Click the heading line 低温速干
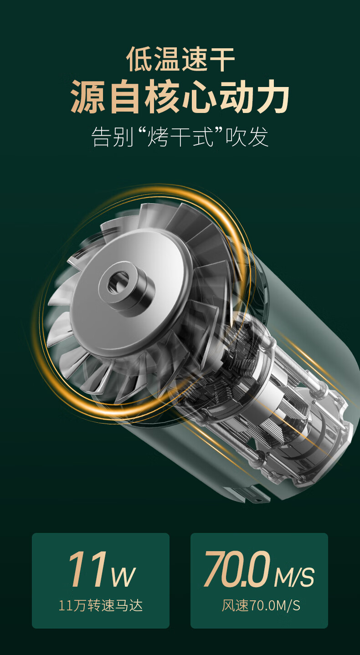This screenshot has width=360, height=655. pyautogui.click(x=180, y=59)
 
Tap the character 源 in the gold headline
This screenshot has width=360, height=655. pyautogui.click(x=88, y=96)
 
